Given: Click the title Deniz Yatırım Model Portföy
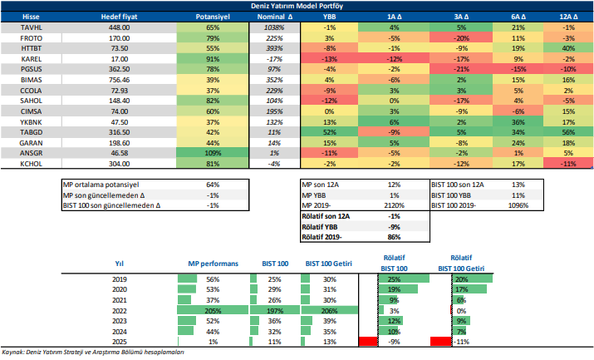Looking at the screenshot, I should click(x=298, y=5).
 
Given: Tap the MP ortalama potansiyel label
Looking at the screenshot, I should click(x=101, y=184).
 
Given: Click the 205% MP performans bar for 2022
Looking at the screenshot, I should click(x=212, y=310).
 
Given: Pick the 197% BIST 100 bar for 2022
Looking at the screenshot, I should click(x=271, y=310).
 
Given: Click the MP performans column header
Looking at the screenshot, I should click(x=212, y=264).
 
